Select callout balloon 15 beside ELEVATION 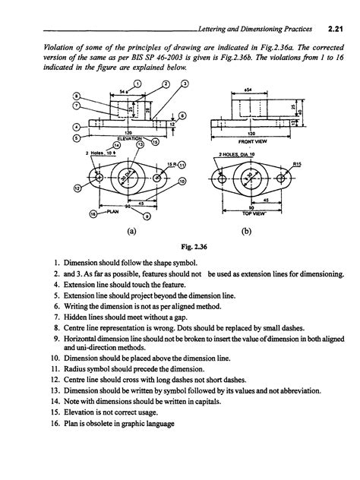tap(155, 141)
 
